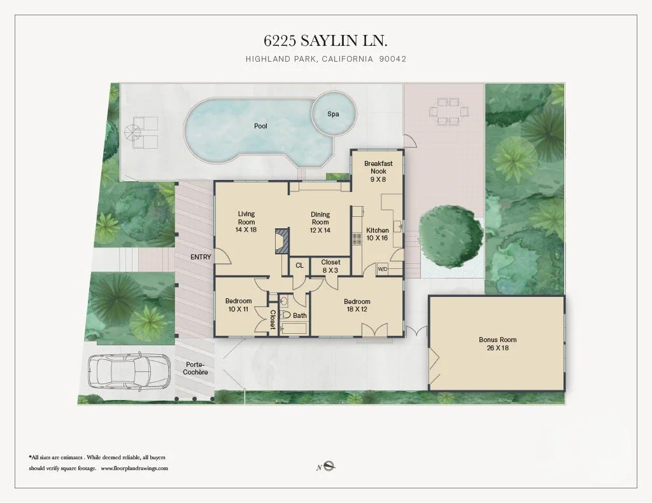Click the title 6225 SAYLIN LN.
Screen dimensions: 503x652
[x=325, y=41]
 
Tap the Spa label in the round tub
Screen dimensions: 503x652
[x=332, y=114]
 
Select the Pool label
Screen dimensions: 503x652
[x=260, y=126]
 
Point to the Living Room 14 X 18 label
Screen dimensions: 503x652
[x=246, y=221]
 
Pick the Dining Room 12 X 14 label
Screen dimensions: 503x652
[x=320, y=222]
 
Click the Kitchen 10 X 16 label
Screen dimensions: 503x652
[x=377, y=234]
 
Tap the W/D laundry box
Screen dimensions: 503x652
[x=383, y=268]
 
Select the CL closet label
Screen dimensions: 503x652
[x=299, y=266]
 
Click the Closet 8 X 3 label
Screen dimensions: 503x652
[x=330, y=266]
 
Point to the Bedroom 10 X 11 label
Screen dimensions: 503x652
[x=239, y=305]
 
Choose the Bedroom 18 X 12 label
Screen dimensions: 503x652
[x=357, y=305]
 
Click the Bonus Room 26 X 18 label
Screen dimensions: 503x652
[x=497, y=343]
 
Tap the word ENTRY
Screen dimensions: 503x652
[x=201, y=257]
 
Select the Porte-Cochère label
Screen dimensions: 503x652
[x=197, y=368]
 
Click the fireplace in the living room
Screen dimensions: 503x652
[x=280, y=241]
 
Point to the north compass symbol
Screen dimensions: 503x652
[x=329, y=467]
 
